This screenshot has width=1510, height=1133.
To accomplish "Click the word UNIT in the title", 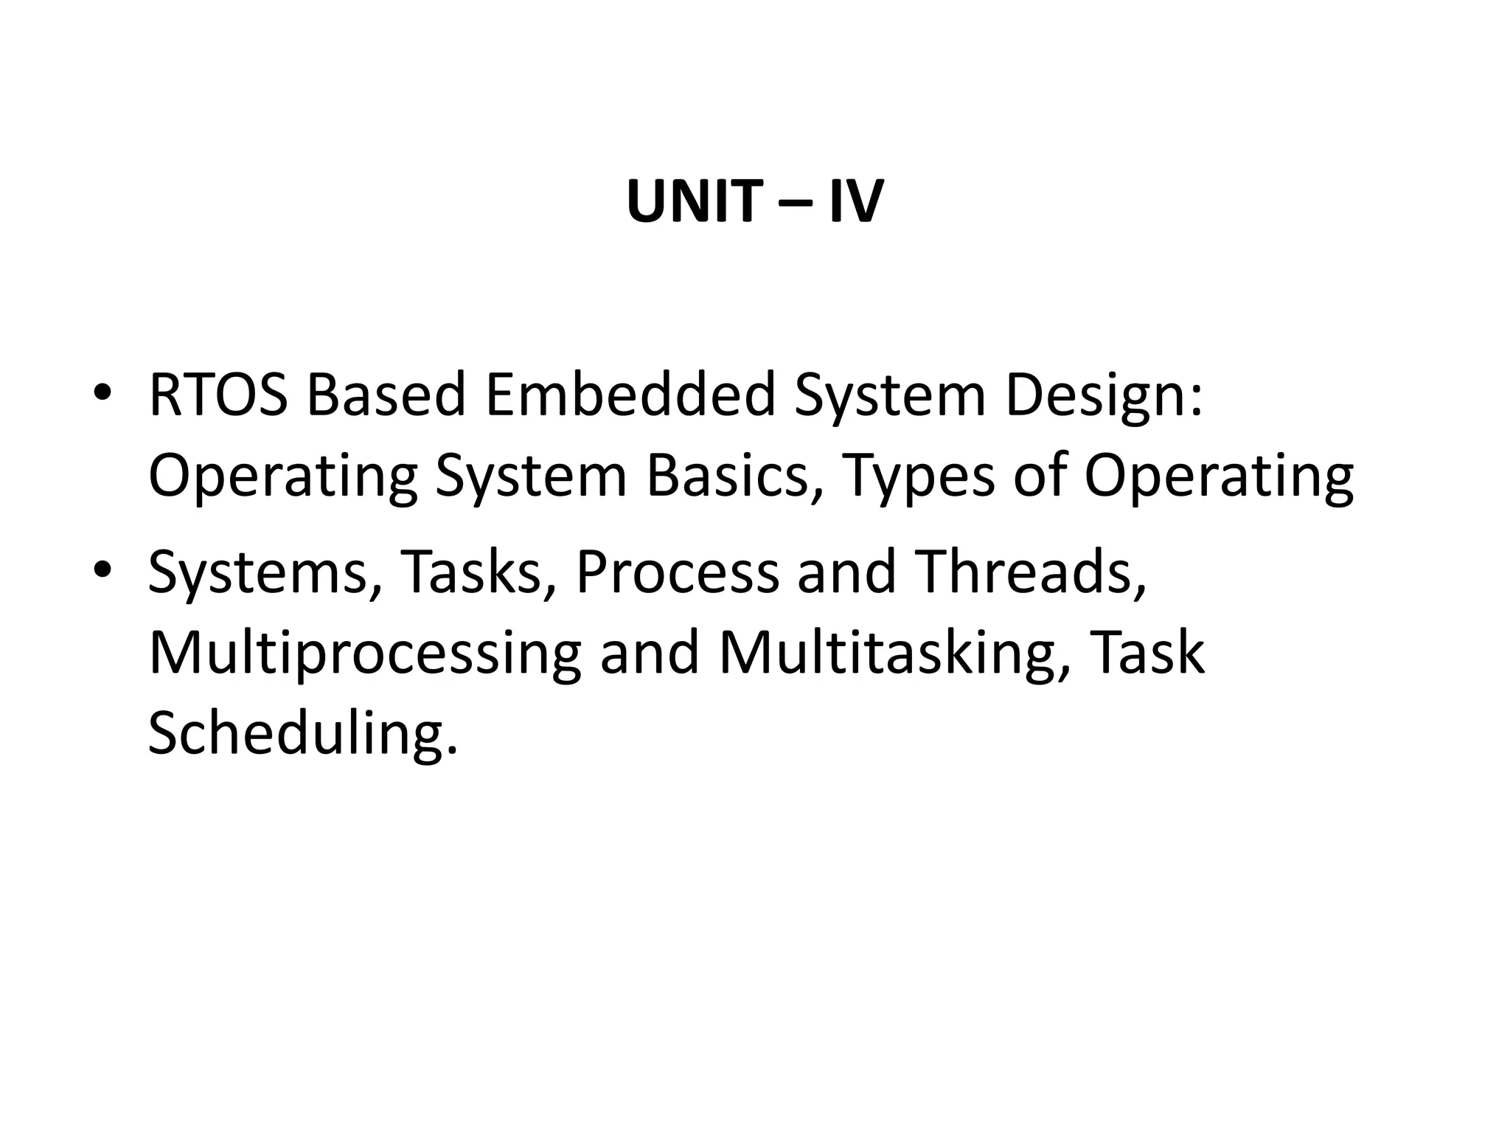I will click(x=692, y=201).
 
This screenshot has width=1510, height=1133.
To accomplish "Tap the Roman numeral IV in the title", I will click(x=855, y=201).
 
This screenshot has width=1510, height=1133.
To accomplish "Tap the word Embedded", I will click(x=630, y=395).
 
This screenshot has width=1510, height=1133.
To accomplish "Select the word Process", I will click(x=676, y=572).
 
